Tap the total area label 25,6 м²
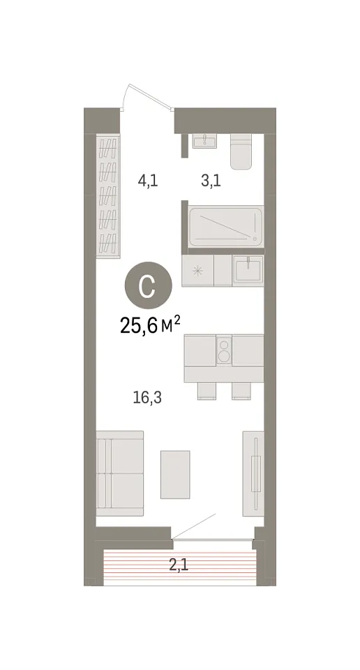pyautogui.click(x=150, y=327)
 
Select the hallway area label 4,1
pyautogui.click(x=148, y=181)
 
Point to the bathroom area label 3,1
pyautogui.click(x=211, y=181)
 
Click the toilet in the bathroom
pyautogui.click(x=241, y=151)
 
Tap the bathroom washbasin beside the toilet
pyautogui.click(x=204, y=141)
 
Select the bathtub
pyautogui.click(x=226, y=226)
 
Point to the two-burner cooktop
pyautogui.click(x=224, y=349)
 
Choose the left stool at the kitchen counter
pyautogui.click(x=207, y=391)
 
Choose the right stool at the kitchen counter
pyautogui.click(x=241, y=391)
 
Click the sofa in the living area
pyautogui.click(x=119, y=473)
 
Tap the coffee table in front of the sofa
pyautogui.click(x=175, y=475)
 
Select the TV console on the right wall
pyautogui.click(x=253, y=473)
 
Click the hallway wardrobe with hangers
pyautogui.click(x=108, y=197)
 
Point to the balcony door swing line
pyautogui.click(x=194, y=526)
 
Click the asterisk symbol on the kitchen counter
pyautogui.click(x=197, y=270)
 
